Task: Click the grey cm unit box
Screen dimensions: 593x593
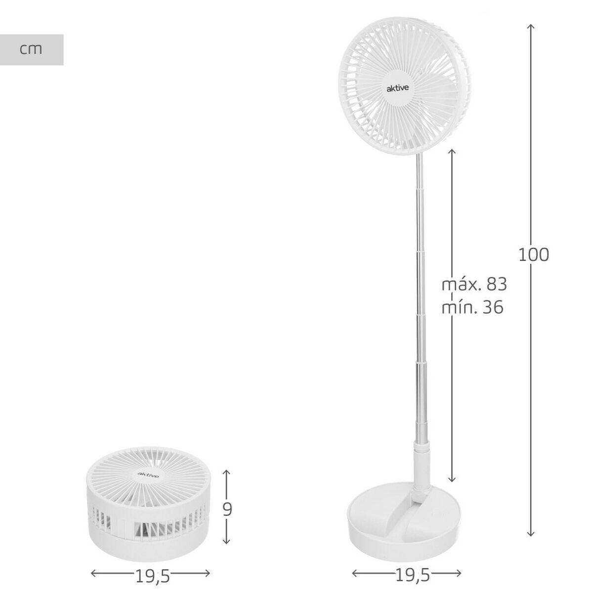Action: [32, 49]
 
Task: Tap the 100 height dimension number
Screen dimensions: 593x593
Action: [534, 255]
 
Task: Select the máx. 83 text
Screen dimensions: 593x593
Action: [474, 285]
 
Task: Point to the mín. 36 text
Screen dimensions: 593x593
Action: [472, 307]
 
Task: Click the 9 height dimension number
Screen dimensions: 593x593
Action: [227, 509]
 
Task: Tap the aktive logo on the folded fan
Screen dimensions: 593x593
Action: [148, 475]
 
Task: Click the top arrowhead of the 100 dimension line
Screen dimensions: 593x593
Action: [531, 26]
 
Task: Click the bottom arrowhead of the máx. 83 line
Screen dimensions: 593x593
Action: [452, 478]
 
